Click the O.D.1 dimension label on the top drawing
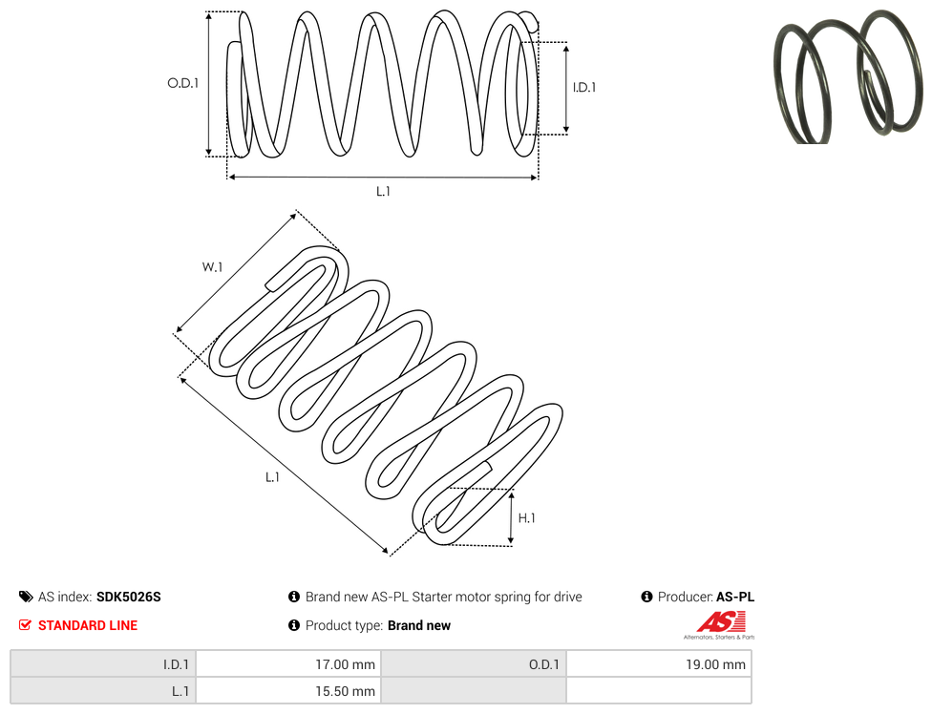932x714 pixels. [x=183, y=83]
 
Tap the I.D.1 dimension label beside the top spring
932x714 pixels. [x=584, y=87]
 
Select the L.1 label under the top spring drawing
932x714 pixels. [x=383, y=191]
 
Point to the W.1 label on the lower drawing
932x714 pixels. [x=212, y=267]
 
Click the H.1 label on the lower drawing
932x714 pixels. [x=526, y=518]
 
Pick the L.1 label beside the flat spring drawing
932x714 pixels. [x=272, y=477]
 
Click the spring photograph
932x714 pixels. [x=849, y=77]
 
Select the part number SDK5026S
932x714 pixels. [x=128, y=597]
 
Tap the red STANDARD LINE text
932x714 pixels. [x=88, y=625]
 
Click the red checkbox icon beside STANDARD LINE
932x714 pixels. [x=25, y=625]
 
